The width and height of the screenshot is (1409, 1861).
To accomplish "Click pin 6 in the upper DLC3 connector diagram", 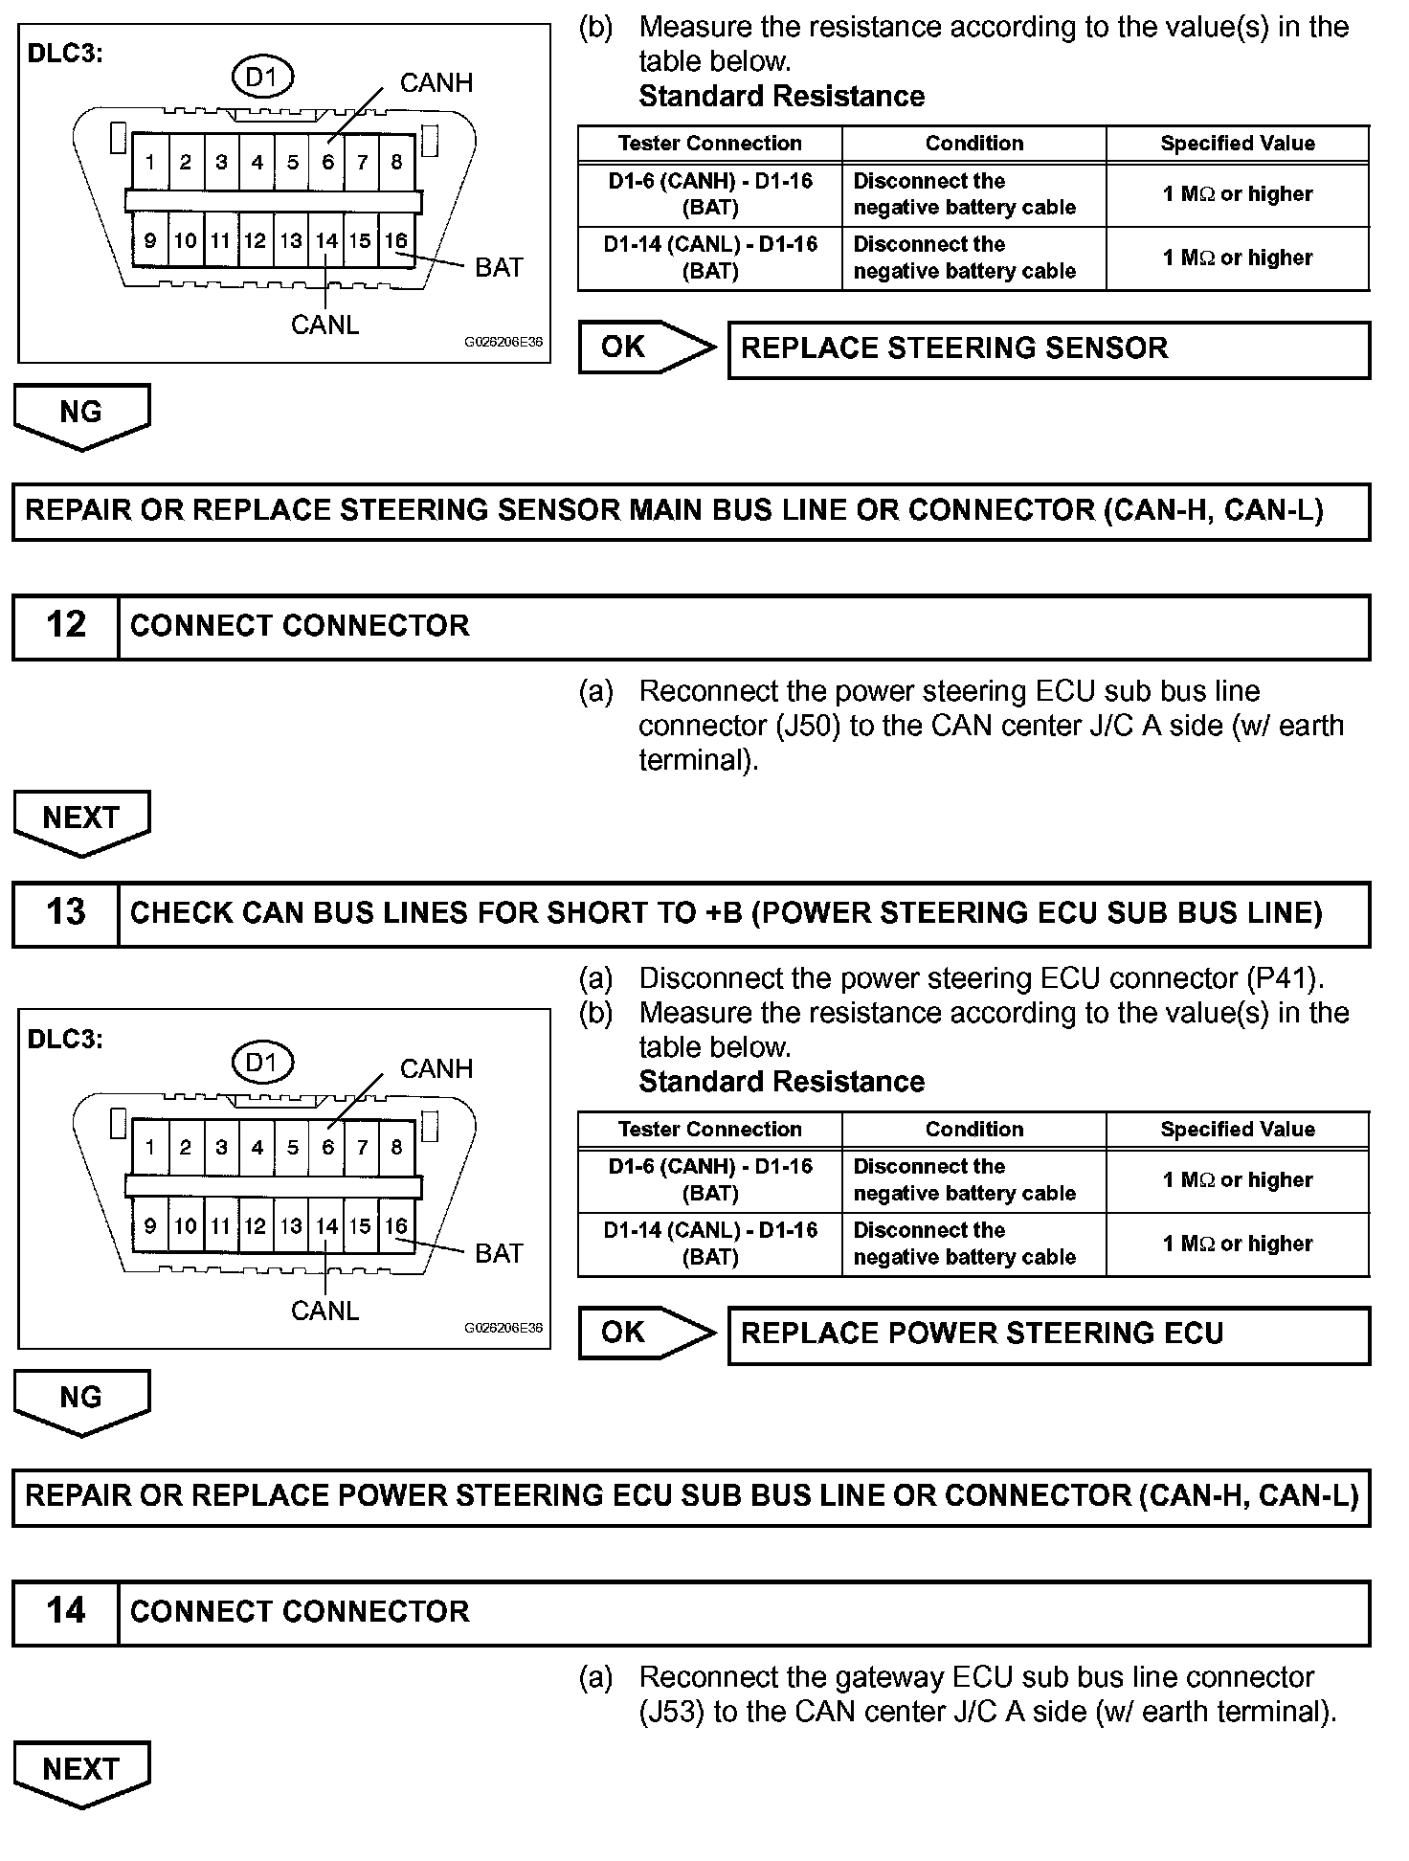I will click(x=327, y=163).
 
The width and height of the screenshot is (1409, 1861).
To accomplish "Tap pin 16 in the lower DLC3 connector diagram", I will click(x=396, y=1226).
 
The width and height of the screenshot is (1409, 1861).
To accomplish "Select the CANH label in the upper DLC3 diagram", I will click(x=436, y=83).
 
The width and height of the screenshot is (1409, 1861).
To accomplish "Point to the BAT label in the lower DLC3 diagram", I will click(x=499, y=1253).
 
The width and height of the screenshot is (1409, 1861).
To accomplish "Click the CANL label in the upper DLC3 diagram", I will click(x=324, y=325).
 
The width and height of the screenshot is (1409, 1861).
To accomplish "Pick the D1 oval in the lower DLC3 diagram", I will click(x=261, y=1063).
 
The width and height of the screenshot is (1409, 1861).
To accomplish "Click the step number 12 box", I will click(x=65, y=626).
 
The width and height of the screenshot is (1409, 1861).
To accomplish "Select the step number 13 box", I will click(x=65, y=912).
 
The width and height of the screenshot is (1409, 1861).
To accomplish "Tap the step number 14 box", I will click(x=65, y=1611).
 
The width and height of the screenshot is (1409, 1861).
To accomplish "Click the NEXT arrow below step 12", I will click(x=81, y=820).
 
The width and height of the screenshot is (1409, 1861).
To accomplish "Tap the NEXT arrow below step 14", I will click(x=81, y=1771).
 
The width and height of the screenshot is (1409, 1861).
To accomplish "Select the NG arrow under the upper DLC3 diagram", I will click(x=81, y=415).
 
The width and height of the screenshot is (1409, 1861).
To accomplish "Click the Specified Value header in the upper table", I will click(x=1237, y=144).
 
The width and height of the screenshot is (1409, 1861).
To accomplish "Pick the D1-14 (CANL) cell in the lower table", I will click(x=709, y=1244).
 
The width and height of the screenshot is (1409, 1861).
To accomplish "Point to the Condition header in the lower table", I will click(x=973, y=1130).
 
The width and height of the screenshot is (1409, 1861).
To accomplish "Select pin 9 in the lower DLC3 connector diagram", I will click(x=150, y=1226).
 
